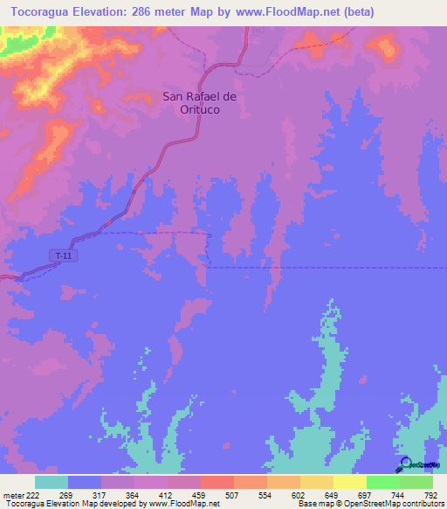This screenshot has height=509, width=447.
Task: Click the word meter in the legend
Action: coord(12,494)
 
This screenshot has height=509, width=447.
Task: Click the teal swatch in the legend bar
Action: coord(52,482)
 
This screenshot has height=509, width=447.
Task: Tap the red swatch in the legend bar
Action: coord(217,482)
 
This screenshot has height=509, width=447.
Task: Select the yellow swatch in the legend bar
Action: coord(349,482)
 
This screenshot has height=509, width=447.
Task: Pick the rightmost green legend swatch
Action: coord(416,482)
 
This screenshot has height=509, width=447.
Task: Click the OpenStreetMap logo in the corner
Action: coord(416,464)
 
